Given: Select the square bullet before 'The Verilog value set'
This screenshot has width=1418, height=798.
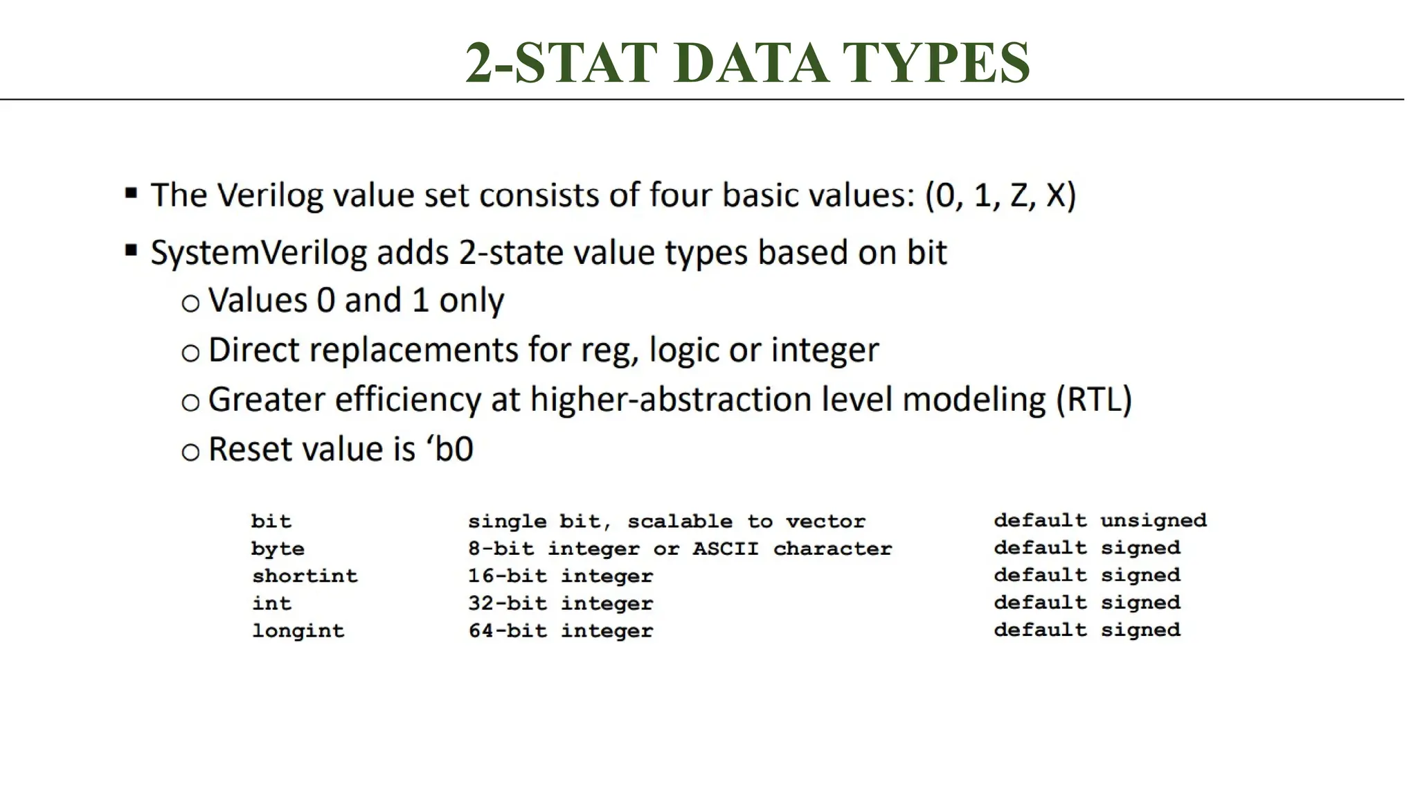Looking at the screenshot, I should coord(131,193).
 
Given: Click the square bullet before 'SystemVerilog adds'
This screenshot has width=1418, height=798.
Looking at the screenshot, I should coord(131,250).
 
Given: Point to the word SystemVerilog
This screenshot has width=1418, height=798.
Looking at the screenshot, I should coord(258,253).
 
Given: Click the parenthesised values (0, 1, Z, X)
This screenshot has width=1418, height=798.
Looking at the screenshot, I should coord(1000,195).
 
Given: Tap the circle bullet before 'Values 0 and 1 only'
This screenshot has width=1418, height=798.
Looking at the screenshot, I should coord(190,303).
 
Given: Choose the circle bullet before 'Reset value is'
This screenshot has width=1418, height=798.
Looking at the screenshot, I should coord(190,452).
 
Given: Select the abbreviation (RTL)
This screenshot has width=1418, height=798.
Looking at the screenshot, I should coord(1094,400).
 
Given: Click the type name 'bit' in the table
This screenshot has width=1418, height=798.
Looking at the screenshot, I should coord(271,521).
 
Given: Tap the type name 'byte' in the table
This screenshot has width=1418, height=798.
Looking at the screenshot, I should coord(278,549).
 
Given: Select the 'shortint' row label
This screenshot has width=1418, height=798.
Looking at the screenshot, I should coord(305,576).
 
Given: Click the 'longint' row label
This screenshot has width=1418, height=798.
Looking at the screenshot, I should coord(298,630).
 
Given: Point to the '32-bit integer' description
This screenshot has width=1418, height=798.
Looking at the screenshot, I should coord(560,603).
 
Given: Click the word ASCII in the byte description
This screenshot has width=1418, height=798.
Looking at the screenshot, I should coord(726,549).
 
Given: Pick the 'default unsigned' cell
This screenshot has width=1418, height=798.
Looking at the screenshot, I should coord(1100,520).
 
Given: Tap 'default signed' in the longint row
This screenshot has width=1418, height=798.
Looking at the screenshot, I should coord(1087,630).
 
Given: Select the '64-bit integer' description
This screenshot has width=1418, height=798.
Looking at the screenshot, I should coord(560,630).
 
